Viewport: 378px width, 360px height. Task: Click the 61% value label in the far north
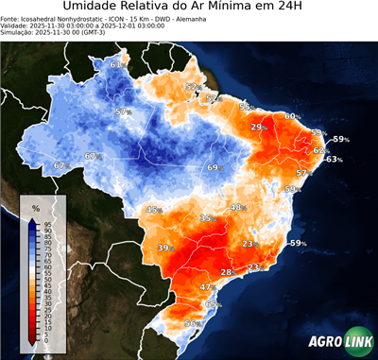[x=115, y=64]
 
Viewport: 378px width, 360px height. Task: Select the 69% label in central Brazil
[x=214, y=167]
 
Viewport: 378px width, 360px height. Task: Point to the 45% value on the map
[x=154, y=209]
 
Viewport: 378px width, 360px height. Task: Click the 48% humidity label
[x=237, y=207]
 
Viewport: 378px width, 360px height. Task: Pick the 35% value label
[x=206, y=218]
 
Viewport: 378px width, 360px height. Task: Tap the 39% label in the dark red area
[x=164, y=248]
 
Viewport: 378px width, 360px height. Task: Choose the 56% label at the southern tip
[x=190, y=324]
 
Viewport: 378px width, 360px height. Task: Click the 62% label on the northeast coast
[x=319, y=150]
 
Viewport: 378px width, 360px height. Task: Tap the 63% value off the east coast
[x=334, y=159]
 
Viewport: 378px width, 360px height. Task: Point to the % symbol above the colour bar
[x=35, y=207]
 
